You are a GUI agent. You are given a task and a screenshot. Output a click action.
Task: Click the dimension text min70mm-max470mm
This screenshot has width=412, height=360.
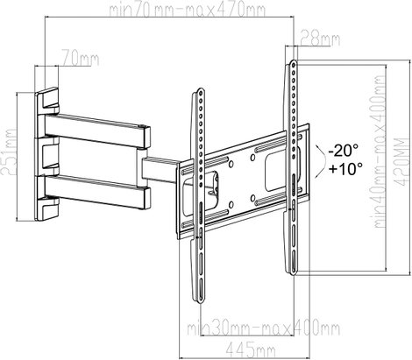(187, 10)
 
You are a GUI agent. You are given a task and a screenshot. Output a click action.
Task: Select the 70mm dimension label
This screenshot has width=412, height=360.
(80, 59)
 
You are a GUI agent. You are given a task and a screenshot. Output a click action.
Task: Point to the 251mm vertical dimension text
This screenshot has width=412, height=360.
(8, 152)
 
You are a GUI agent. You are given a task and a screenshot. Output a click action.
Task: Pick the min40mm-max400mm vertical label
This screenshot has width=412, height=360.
(380, 151)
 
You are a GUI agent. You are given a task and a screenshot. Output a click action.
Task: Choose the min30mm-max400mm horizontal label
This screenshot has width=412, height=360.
(263, 328)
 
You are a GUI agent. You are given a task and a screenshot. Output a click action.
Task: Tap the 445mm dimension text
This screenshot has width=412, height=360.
(251, 349)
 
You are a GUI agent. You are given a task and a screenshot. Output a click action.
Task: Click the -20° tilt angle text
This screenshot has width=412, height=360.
(343, 151)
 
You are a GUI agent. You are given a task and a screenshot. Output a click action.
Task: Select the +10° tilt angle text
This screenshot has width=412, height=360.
(345, 168)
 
